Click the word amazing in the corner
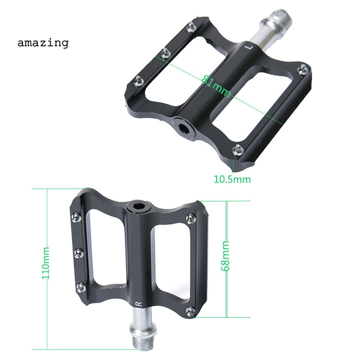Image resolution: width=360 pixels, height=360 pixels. (43, 43)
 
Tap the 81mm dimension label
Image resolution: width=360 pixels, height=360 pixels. (216, 85)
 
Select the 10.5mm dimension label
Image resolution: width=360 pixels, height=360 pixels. (232, 179)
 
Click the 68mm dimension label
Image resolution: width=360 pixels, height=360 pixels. (226, 256)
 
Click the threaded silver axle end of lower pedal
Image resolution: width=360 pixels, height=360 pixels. (144, 340)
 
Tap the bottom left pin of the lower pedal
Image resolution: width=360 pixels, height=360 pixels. (81, 287)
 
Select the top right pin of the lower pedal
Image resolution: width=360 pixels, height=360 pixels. (191, 217)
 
